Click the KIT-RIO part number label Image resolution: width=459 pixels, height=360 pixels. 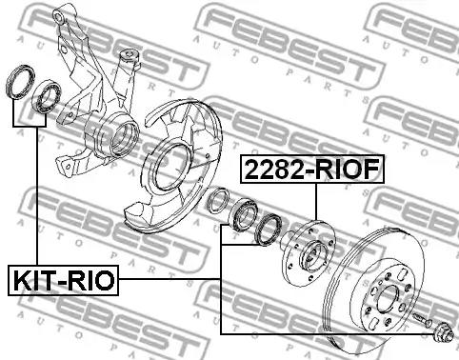63,280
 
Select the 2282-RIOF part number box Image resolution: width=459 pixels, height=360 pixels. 312,169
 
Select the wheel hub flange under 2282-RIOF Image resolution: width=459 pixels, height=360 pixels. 308,253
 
